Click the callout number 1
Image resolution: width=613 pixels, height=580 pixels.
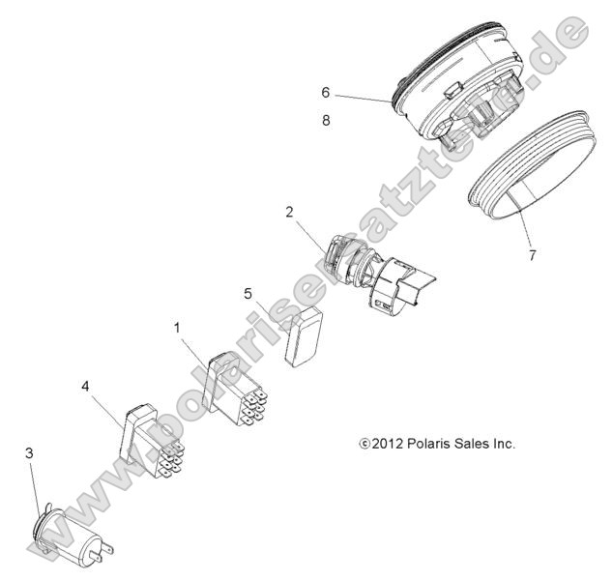click(x=177, y=328)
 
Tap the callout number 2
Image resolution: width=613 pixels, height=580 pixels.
click(x=288, y=211)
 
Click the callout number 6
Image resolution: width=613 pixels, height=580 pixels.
click(x=326, y=93)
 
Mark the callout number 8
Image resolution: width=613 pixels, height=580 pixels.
click(x=326, y=121)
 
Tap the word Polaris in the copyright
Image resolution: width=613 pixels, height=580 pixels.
click(x=428, y=444)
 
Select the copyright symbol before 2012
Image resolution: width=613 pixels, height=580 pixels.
click(x=364, y=445)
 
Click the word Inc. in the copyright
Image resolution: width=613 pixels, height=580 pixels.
click(x=502, y=444)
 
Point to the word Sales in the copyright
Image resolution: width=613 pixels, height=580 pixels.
click(x=469, y=444)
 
